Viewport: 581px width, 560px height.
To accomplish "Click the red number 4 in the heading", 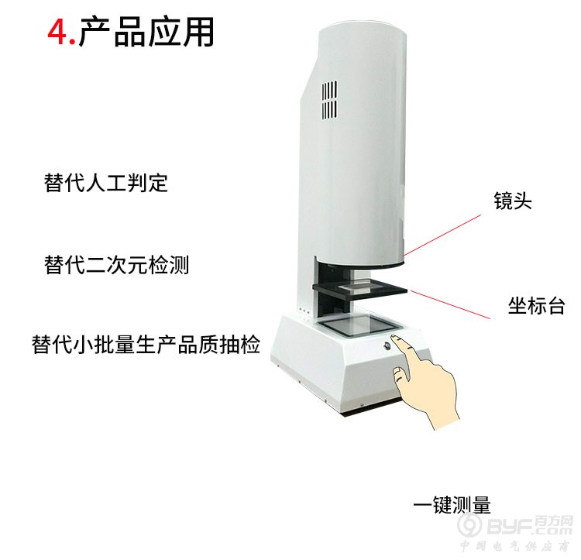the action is pos(57,33).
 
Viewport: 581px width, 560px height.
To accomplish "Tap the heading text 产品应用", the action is pos(146,32).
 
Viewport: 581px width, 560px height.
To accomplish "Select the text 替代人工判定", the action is pos(106,183).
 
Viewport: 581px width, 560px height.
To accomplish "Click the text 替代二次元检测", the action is pos(117,265).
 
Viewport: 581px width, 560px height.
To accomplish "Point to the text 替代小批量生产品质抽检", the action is pos(146,345).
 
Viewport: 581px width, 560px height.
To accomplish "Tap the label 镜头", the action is pos(513,201).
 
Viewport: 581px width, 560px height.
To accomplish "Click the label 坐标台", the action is pos(537,306).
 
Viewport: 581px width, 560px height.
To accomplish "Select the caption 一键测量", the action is pos(452,504).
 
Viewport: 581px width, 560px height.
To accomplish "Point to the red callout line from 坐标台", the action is pos(450,305).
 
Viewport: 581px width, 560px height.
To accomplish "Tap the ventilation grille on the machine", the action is pos(329,100).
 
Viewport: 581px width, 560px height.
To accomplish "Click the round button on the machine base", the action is pos(387,346).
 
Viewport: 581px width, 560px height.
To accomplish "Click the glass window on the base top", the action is pos(360,325).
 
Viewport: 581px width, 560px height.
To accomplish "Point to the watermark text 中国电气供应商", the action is pos(515,546).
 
